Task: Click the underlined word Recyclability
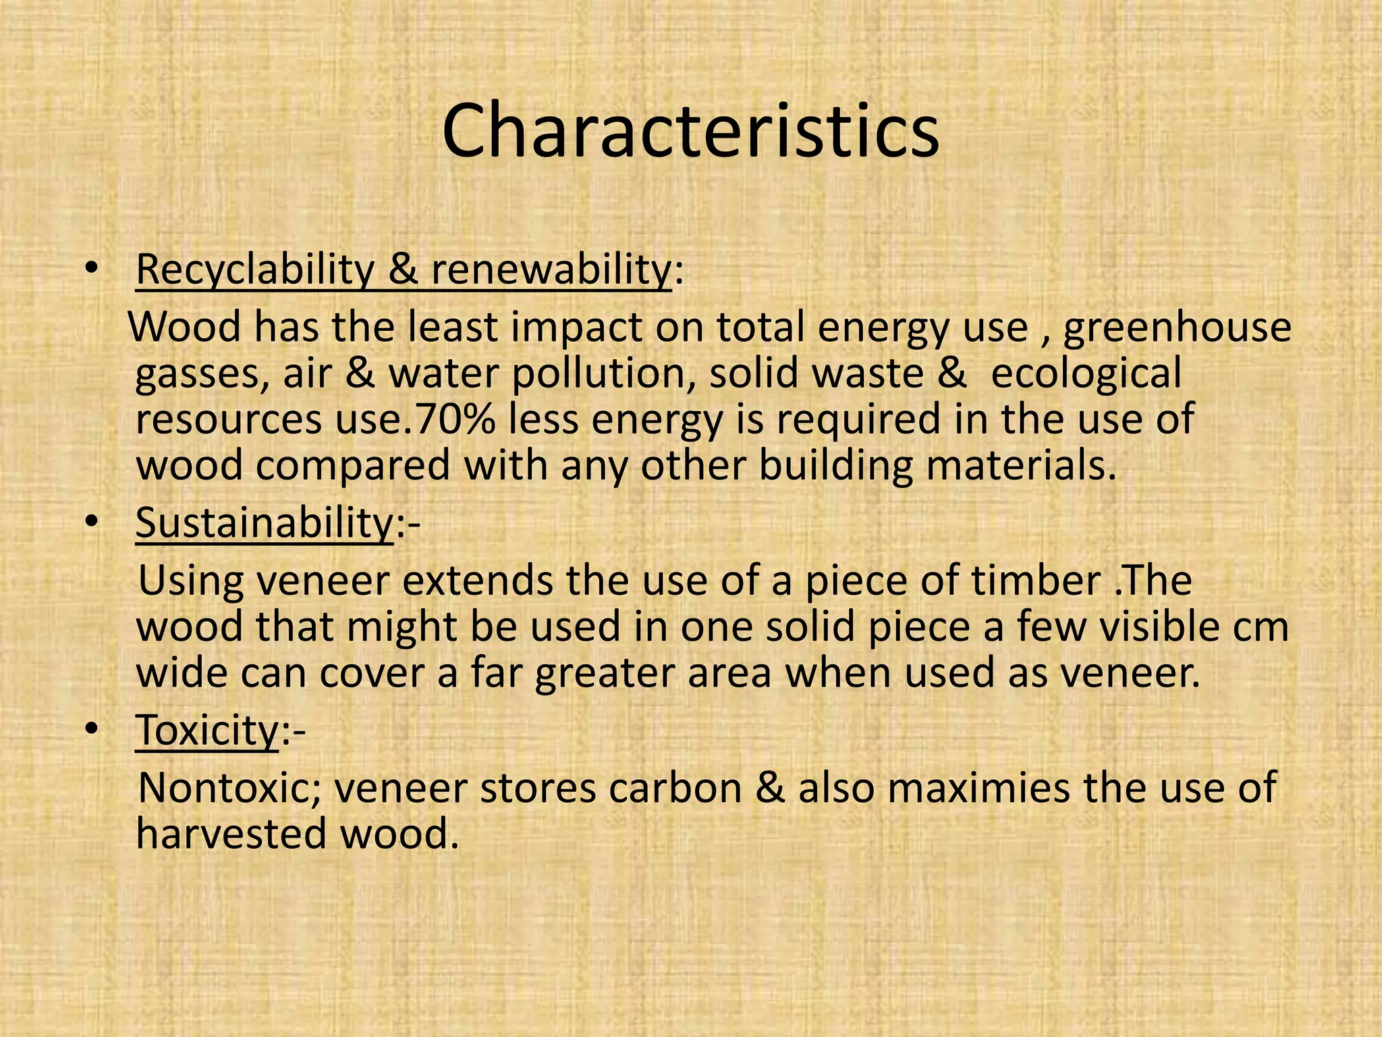(x=254, y=269)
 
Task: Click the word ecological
(x=1086, y=373)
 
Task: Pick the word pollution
(x=604, y=373)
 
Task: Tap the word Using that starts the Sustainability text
(x=191, y=581)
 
